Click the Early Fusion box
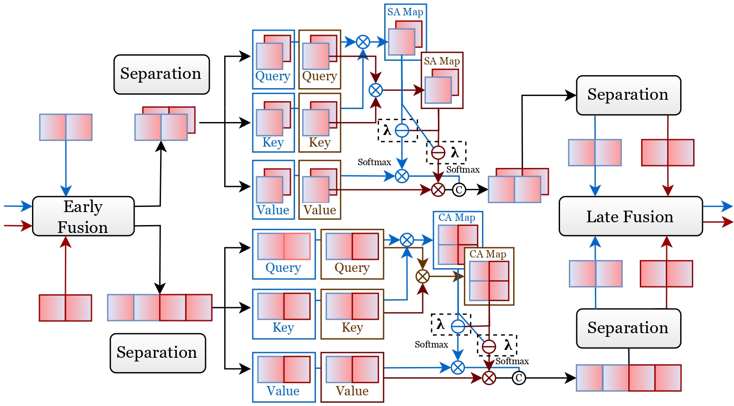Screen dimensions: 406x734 [83, 216]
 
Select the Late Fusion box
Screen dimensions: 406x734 [630, 216]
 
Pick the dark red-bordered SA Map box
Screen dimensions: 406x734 [442, 80]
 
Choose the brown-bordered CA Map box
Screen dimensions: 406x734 [489, 276]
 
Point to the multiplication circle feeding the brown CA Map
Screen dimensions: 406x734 [422, 277]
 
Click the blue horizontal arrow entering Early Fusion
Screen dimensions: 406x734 [18, 206]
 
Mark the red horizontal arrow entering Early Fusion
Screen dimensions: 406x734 [18, 226]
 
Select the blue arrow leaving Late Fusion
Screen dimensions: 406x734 [718, 206]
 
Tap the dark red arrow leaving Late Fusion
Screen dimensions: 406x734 [718, 222]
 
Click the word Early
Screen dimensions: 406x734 [83, 206]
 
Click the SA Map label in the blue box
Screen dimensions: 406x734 [405, 12]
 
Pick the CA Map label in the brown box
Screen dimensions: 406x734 [488, 254]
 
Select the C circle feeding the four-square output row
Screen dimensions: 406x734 [519, 378]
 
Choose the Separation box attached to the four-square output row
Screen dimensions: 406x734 [628, 328]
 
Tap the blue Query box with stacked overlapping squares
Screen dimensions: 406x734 [273, 59]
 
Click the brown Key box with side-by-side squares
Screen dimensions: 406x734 [352, 314]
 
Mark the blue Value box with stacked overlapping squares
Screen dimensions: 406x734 [273, 189]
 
